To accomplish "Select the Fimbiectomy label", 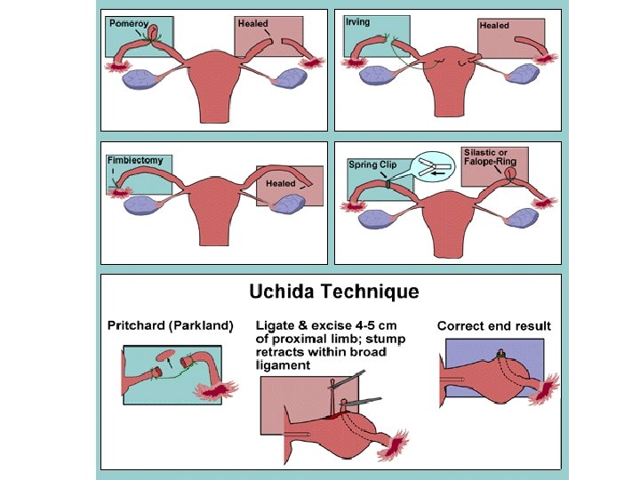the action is coord(134,161).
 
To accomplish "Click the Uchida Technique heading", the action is coord(334,291).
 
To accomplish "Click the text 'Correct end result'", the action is coord(493,326).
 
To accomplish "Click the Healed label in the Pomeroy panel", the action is coord(252,24).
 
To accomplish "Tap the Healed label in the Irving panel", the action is coord(494,26).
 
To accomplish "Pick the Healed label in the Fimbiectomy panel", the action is coord(280,183).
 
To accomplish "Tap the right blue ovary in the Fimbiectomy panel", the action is coord(291,204).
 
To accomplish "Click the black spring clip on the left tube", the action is coord(388,184).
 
